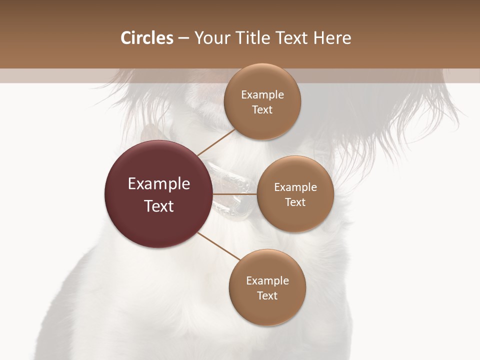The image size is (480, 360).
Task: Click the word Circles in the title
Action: pos(147,38)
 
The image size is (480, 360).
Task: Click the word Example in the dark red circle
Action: pos(159,184)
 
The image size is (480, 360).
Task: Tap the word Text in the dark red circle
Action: pos(159,206)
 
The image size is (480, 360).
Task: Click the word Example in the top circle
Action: pos(262,95)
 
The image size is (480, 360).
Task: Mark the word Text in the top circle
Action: pos(262,110)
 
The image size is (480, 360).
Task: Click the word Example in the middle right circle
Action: pos(295,187)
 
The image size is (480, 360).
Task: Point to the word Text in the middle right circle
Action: pos(295,202)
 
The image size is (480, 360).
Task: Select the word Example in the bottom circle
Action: pos(267,281)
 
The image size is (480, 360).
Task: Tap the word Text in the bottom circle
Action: pos(267,296)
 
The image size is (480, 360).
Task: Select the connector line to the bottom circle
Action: pos(219,246)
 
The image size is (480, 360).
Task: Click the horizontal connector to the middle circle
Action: pos(235,194)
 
